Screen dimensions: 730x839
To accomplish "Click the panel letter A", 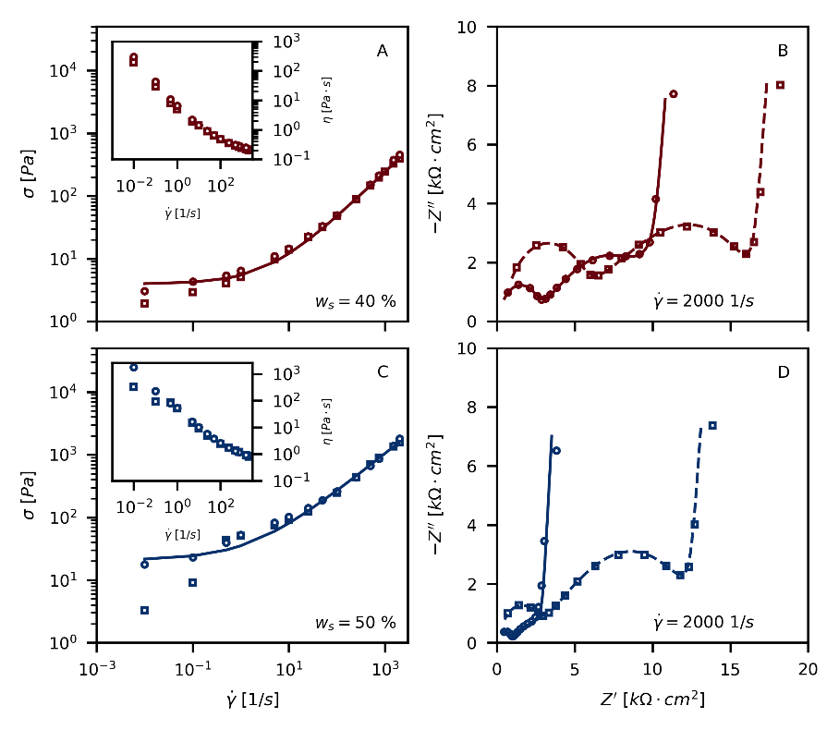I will click(x=382, y=52).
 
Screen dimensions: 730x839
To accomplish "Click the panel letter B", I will click(x=783, y=52).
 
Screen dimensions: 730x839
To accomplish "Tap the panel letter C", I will click(x=382, y=372).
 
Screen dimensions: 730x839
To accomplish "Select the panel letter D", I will click(x=783, y=372).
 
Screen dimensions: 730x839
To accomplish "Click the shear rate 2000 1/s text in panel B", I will click(x=701, y=300).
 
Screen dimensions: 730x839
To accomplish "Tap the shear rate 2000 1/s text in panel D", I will click(x=701, y=622).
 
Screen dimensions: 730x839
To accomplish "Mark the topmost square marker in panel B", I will click(x=781, y=85).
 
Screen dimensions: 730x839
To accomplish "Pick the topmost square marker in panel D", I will click(x=712, y=425).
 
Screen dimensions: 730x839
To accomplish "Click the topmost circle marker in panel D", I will click(x=556, y=451).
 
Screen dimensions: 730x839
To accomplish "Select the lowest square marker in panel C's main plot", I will click(x=145, y=610).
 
